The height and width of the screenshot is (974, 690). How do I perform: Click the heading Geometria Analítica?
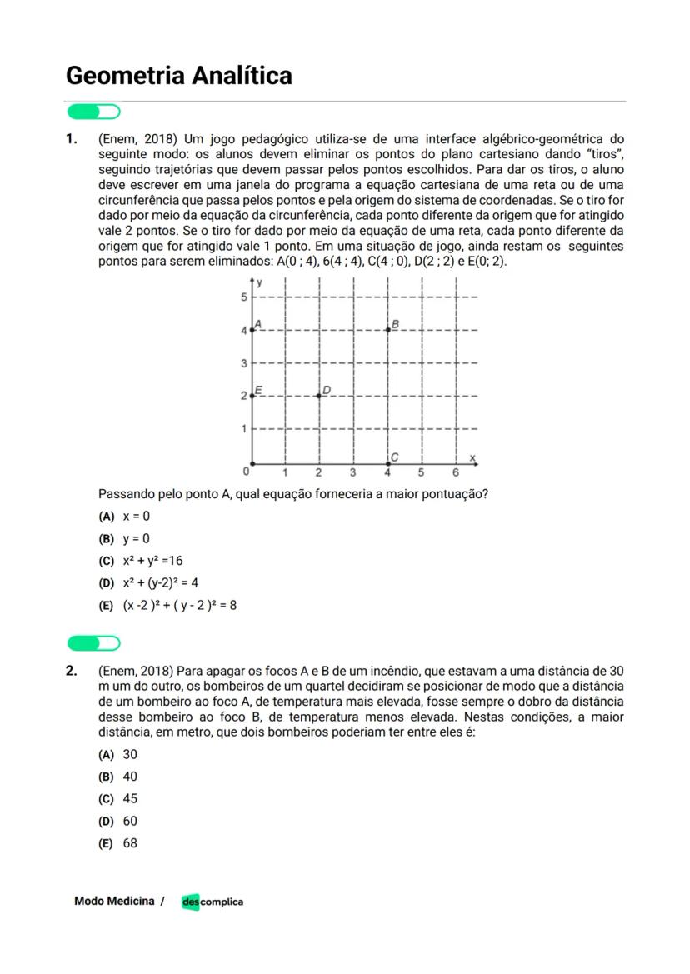(179, 76)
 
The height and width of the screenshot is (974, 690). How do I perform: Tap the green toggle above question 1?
(93, 112)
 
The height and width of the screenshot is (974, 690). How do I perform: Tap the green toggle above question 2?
(93, 642)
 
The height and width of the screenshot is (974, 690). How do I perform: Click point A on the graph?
(252, 330)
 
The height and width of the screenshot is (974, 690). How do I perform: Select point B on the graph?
(388, 330)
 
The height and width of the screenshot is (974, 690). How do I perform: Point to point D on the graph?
(320, 395)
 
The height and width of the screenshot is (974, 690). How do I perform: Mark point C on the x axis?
(388, 462)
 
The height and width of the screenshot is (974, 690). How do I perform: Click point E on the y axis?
(252, 396)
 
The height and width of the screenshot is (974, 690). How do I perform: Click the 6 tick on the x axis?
(456, 472)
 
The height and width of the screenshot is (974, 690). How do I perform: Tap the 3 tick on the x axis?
(353, 472)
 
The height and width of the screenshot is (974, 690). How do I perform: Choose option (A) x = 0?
(125, 517)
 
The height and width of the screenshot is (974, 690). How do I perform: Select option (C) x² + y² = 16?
(141, 561)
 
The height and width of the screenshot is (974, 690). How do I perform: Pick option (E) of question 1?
(167, 605)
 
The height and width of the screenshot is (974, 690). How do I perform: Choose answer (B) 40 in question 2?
(118, 777)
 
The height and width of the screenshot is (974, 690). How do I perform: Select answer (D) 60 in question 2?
(118, 821)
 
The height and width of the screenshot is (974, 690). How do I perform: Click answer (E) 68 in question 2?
(118, 843)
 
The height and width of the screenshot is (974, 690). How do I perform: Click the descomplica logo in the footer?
(212, 902)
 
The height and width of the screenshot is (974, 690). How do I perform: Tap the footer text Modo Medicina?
(114, 901)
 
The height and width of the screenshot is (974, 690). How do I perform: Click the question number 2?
(72, 671)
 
